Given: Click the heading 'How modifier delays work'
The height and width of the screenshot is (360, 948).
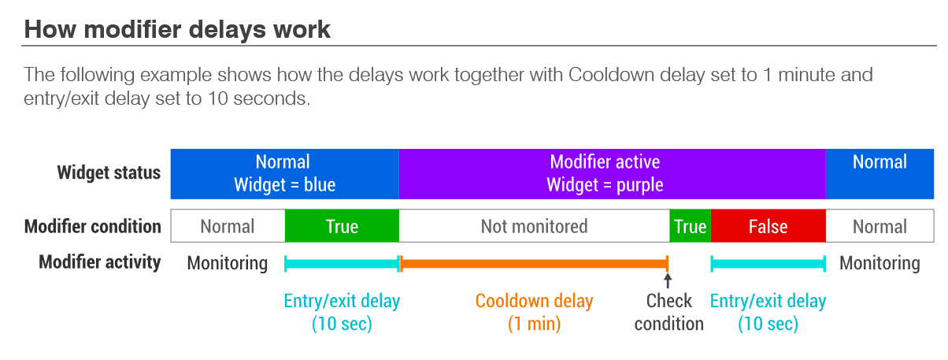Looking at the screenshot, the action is click(x=177, y=30).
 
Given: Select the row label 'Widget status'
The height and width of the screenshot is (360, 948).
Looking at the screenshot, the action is click(x=109, y=173).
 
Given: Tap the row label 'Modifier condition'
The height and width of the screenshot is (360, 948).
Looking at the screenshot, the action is click(x=93, y=226).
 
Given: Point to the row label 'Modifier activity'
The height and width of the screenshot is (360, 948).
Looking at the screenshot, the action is click(x=100, y=262).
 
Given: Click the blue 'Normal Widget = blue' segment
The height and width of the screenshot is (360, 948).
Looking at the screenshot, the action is click(x=285, y=173).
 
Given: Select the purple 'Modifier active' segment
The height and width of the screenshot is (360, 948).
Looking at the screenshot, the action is click(x=613, y=173).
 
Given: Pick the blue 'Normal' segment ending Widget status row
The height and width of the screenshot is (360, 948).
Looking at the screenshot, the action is click(x=879, y=173).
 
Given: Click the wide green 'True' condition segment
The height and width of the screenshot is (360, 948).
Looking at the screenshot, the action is click(x=342, y=226).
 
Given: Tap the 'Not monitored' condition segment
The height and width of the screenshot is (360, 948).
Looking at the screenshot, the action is click(x=534, y=226).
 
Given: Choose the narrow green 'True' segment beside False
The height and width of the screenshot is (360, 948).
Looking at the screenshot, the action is click(x=691, y=226).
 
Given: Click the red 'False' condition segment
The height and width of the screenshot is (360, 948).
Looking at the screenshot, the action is click(x=768, y=226).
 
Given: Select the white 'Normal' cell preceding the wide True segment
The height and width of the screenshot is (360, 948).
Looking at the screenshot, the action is click(x=228, y=226).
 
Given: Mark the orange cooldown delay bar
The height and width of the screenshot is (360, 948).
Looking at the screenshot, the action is click(x=534, y=264).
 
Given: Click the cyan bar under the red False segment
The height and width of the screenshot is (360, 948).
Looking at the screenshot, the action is click(x=768, y=264).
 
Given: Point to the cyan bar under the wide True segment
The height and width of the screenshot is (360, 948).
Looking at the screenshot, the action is click(x=342, y=264).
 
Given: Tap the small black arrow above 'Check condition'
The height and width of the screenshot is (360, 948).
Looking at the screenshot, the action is click(x=668, y=280).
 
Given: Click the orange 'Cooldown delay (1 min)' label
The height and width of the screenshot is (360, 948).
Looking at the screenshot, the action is click(x=534, y=312).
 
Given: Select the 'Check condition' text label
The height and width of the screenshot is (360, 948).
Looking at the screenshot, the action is click(x=668, y=312).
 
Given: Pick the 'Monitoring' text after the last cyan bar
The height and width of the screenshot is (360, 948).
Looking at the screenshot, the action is click(x=879, y=263).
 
